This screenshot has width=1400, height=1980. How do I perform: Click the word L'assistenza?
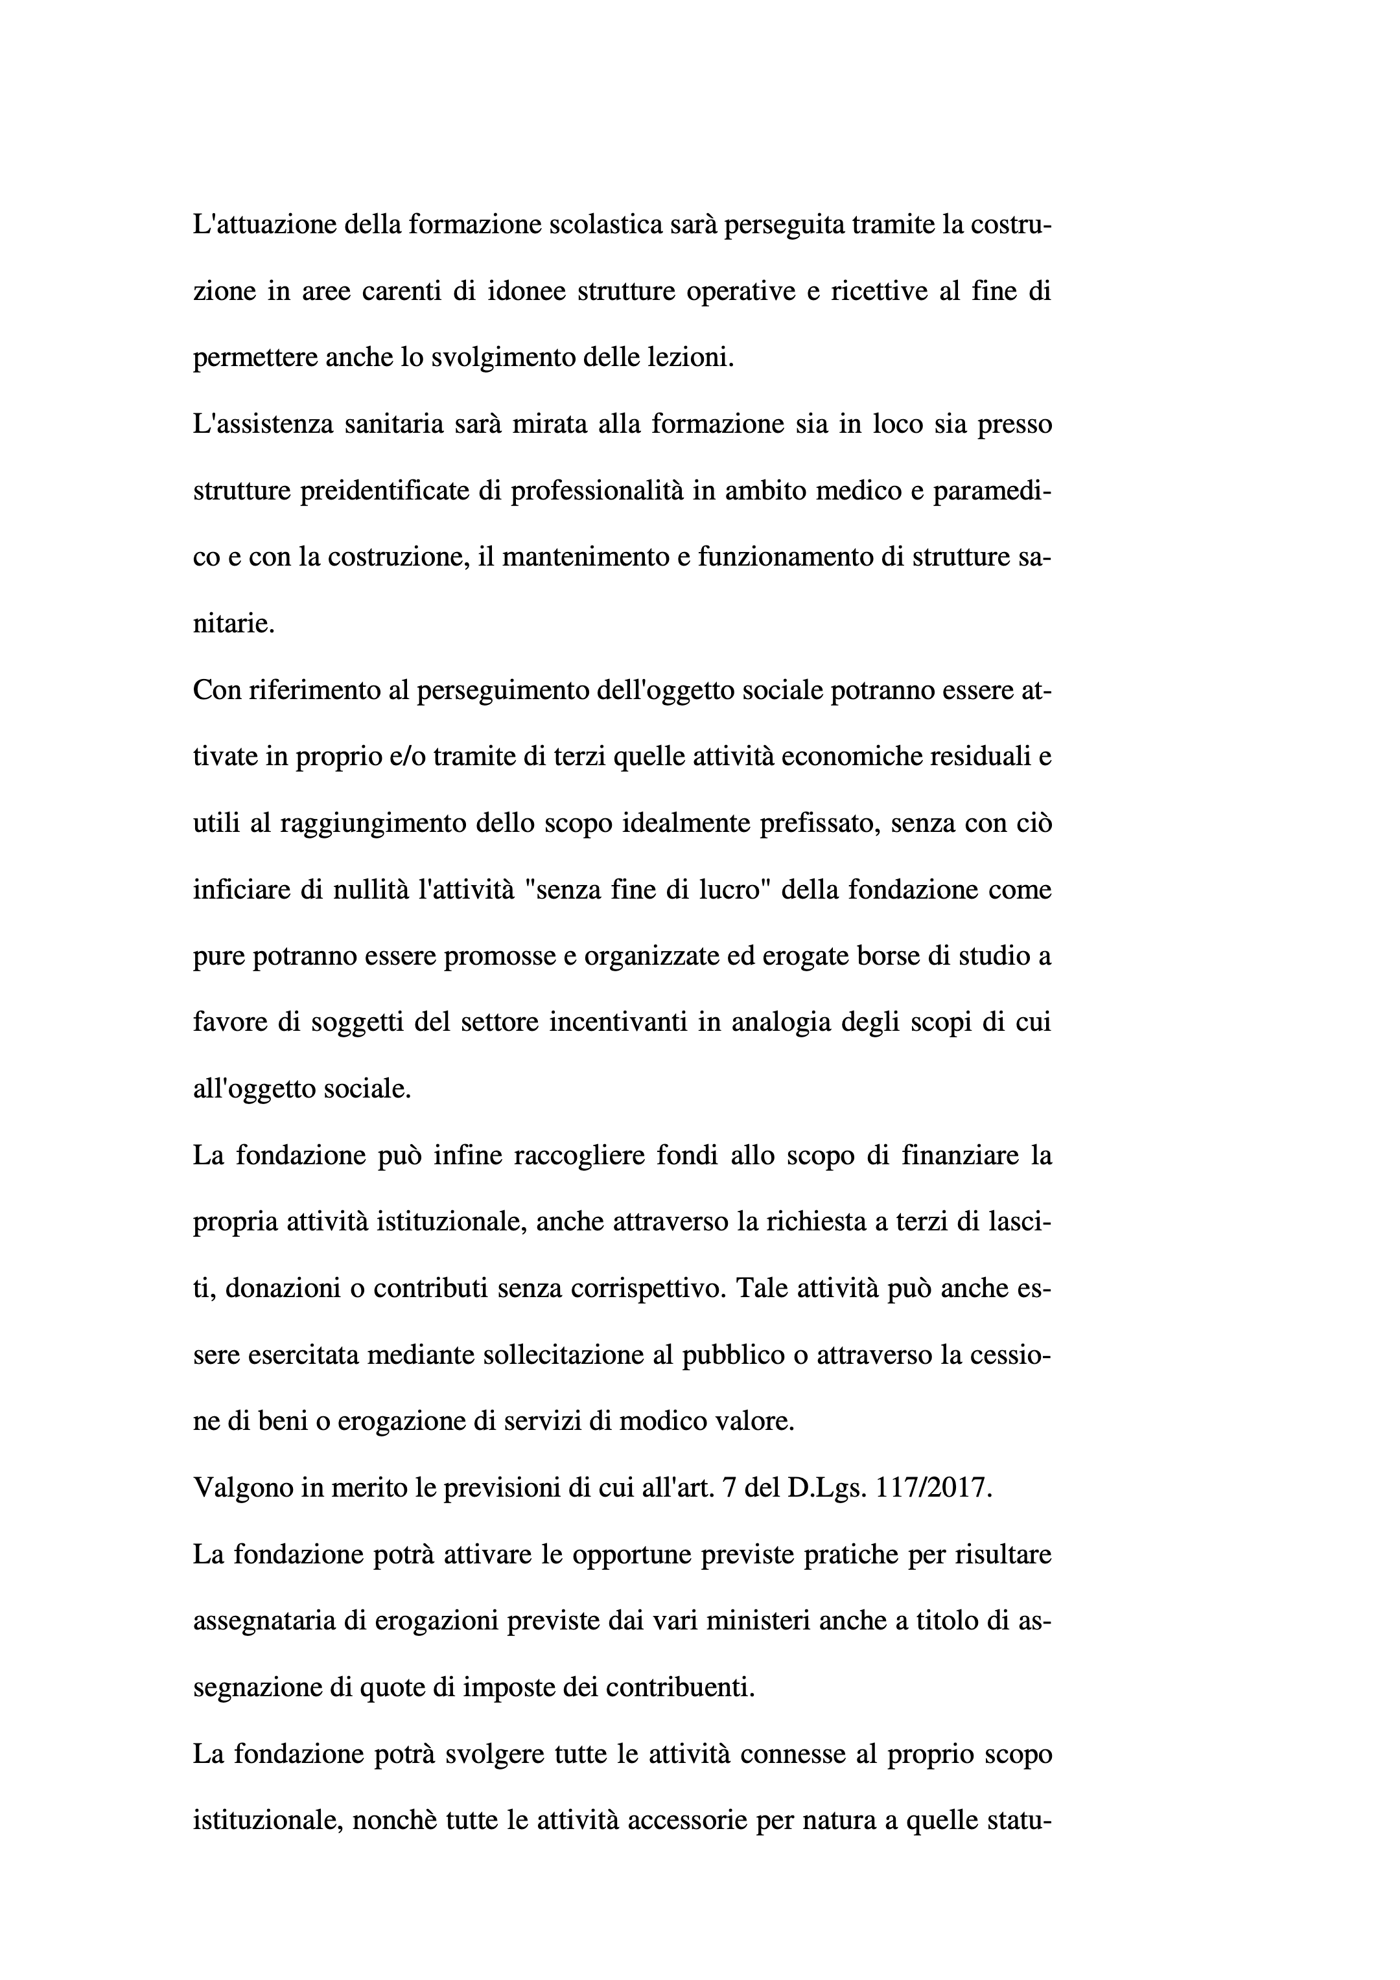coord(263,425)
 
